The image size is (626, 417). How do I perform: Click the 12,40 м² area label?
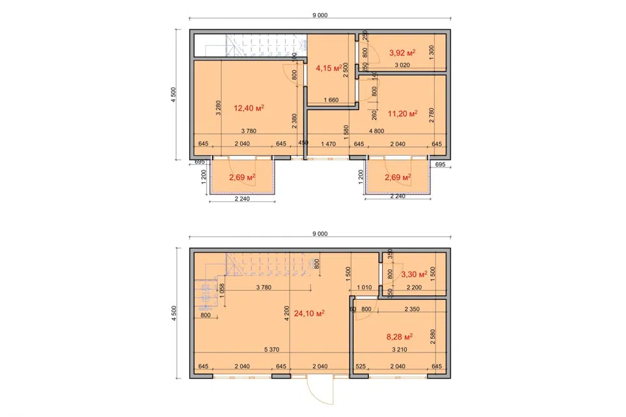(248, 108)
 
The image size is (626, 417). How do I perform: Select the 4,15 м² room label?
(329, 68)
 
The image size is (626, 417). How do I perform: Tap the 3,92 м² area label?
(402, 53)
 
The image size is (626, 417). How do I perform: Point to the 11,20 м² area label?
(402, 114)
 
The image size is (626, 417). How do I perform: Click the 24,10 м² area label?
(309, 313)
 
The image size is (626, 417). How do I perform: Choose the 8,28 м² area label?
(399, 337)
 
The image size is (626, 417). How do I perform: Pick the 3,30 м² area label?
(414, 274)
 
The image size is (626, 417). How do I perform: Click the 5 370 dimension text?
(271, 349)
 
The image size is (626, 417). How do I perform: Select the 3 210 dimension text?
(399, 349)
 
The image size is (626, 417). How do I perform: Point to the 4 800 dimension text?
(376, 131)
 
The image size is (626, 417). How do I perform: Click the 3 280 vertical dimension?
(218, 108)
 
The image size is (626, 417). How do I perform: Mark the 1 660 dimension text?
(331, 100)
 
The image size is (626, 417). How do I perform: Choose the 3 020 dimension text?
(402, 65)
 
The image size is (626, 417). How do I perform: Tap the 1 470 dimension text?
(328, 144)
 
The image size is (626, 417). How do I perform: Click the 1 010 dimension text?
(364, 287)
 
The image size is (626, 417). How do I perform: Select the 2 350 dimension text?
(411, 309)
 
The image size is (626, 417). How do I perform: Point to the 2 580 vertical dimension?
(433, 336)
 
